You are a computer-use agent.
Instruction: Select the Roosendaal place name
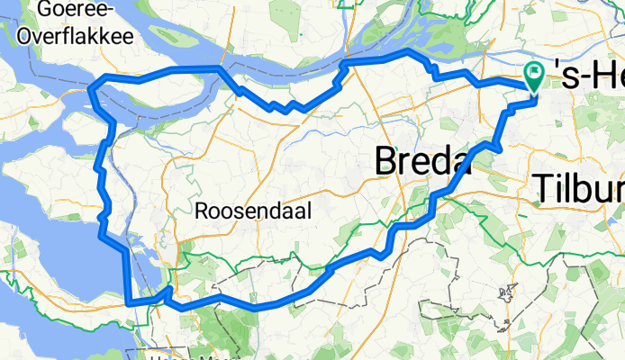click(253, 211)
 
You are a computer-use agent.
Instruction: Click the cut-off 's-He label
click(591, 79)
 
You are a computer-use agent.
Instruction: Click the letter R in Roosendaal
click(203, 211)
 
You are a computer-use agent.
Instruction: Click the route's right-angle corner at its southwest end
click(131, 303)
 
